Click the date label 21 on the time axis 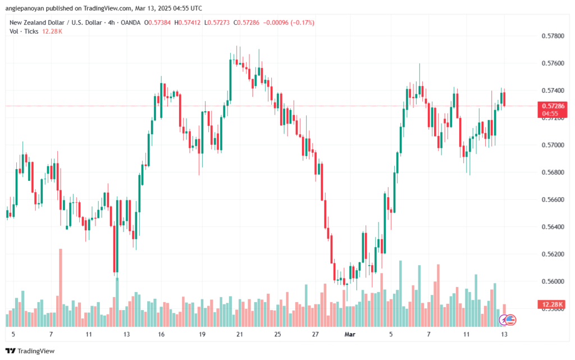click(x=240, y=334)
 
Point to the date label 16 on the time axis click(x=161, y=334)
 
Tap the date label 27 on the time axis click(x=316, y=334)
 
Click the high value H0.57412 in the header click(x=190, y=22)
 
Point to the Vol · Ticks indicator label click(x=24, y=31)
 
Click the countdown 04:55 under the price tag click(x=550, y=113)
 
